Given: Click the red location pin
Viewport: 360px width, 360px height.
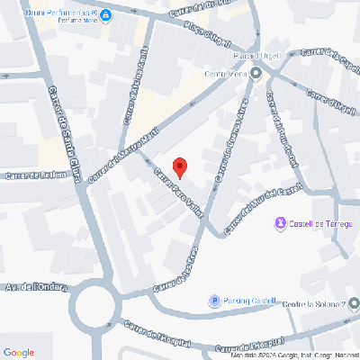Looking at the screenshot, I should (179, 166).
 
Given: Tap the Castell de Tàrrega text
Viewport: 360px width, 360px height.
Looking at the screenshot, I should (321, 223).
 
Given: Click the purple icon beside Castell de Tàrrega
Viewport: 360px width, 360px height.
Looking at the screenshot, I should (280, 223).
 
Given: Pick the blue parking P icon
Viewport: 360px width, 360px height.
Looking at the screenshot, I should (214, 301).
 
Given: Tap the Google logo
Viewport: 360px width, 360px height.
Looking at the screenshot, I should (19, 351).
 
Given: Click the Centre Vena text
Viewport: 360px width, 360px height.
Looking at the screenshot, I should (226, 74).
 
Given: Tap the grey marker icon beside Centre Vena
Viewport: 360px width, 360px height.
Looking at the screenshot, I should (256, 74).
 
